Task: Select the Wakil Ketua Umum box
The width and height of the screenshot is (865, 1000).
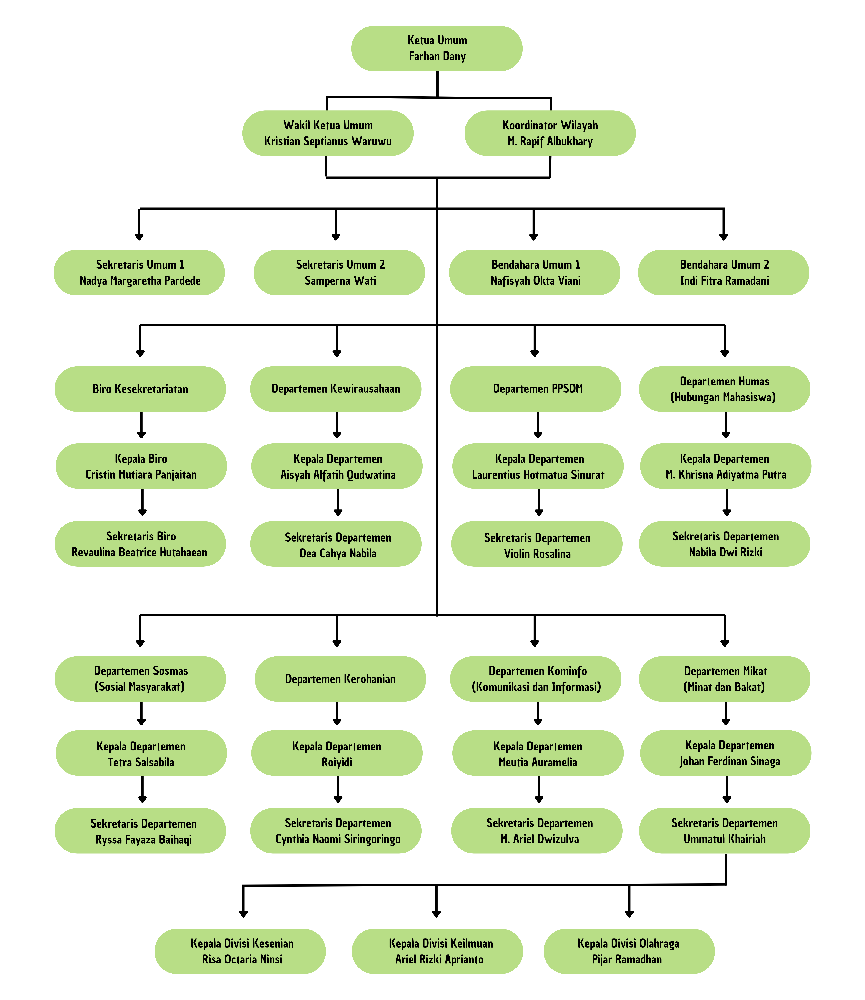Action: (x=328, y=133)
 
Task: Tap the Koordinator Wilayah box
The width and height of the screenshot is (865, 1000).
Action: (x=550, y=133)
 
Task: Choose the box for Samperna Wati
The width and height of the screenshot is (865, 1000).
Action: (x=339, y=273)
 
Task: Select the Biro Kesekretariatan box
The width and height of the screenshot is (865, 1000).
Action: (x=140, y=389)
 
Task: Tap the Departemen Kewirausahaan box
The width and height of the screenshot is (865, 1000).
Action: (x=335, y=389)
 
